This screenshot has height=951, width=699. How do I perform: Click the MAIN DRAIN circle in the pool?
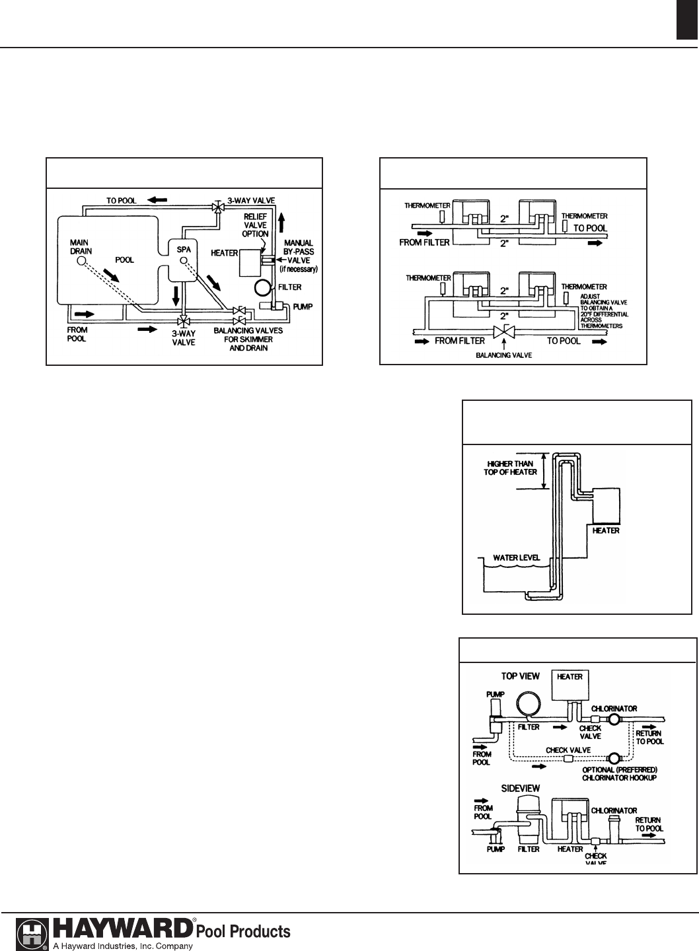coord(82,262)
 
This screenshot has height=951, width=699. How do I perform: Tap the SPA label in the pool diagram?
coord(184,249)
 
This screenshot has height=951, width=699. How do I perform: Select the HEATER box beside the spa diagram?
coord(250,262)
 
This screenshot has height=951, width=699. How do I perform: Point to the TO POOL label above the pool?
coord(122,200)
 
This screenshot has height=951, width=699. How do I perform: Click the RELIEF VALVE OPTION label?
coord(256,225)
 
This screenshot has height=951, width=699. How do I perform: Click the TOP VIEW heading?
coord(520,676)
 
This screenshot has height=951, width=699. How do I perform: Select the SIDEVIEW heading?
coord(521,789)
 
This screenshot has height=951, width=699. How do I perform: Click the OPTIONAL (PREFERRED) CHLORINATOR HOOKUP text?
coord(620,773)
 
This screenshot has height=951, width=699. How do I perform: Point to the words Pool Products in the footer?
coord(243,931)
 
